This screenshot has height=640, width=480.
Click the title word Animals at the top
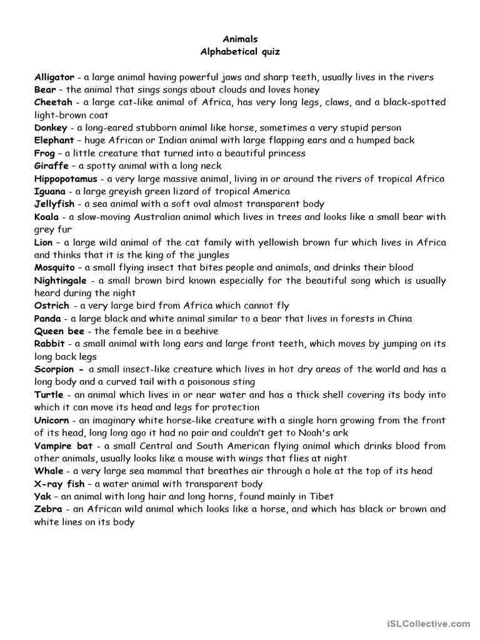(241, 39)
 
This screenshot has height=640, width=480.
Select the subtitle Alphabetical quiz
(241, 51)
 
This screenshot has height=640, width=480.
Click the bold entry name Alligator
(54, 77)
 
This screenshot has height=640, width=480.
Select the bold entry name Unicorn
(52, 421)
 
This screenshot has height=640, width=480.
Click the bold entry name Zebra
(48, 509)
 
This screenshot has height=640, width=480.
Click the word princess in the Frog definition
(285, 154)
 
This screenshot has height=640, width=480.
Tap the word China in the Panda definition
(399, 319)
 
